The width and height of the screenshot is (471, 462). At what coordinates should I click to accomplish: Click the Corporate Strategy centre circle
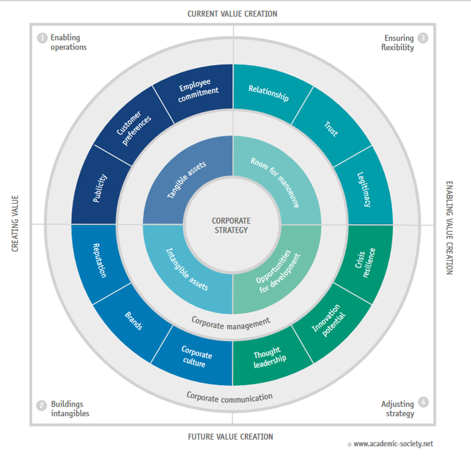(232, 225)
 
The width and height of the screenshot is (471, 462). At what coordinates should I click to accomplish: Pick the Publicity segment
(100, 189)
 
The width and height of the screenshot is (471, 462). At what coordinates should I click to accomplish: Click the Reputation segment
(100, 260)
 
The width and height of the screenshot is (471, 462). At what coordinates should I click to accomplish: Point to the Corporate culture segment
(196, 357)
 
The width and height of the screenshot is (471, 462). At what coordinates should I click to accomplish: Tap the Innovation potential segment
(329, 321)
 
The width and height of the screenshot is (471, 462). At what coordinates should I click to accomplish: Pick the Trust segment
(331, 129)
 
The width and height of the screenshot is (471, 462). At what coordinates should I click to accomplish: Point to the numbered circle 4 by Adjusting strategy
(422, 402)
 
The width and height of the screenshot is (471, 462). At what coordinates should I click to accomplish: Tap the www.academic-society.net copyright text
(393, 444)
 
